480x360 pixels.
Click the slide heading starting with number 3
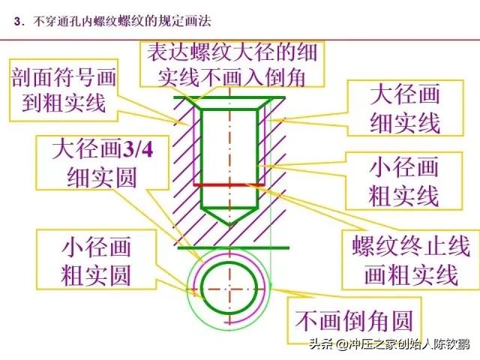pos(112,22)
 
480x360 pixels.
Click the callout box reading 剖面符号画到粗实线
pos(64,90)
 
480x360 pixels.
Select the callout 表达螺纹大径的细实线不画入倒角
pos(232,64)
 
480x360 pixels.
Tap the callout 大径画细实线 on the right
pos(405,108)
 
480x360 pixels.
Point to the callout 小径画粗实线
pos(404,181)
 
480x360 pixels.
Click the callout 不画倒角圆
pos(354,320)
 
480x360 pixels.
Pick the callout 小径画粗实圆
pos(97,259)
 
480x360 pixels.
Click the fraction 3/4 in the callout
pos(137,149)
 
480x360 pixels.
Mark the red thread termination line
pos(229,185)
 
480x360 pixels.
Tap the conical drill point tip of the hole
pos(229,226)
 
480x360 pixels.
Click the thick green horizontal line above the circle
pos(233,247)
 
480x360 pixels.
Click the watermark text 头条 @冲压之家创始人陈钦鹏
pos(389,344)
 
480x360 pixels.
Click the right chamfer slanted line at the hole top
pos(264,103)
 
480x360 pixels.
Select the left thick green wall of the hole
pos(202,158)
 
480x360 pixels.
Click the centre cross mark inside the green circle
pos(229,289)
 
